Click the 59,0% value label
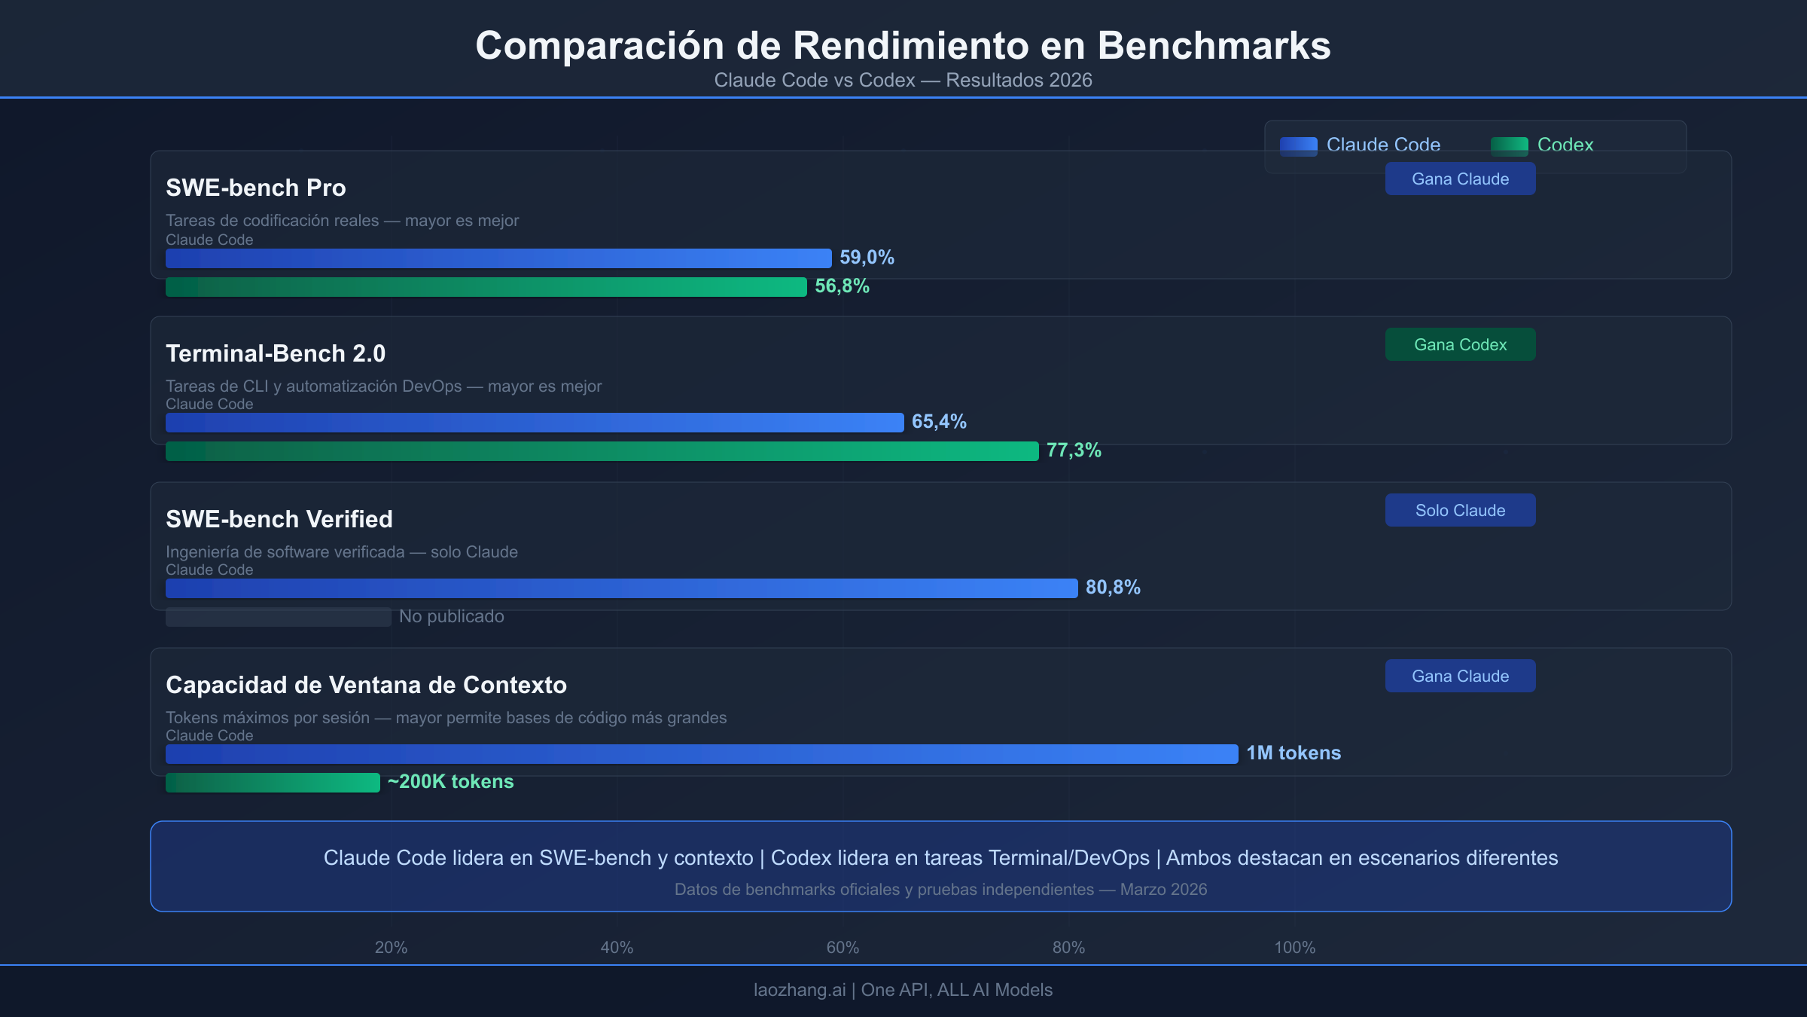867,258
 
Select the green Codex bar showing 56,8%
486,287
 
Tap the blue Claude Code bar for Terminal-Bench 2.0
535,423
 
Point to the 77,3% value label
1074,450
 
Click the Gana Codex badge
1460,344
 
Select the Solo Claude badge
1460,510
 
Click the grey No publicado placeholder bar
278,617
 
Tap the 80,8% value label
1113,588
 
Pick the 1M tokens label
1293,753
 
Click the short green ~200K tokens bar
273,783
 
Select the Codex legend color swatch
1509,145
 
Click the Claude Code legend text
1383,145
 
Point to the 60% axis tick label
843,948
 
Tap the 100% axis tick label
1294,948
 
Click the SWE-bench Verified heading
279,519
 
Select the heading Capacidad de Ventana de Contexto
366,685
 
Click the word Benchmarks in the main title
1214,46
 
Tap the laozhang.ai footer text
799,990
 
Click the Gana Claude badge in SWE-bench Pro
1460,179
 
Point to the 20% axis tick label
391,948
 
